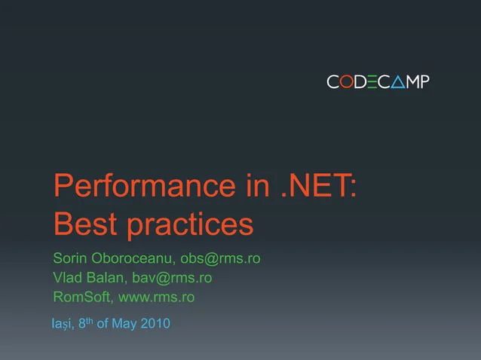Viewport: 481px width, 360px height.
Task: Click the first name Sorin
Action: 70,259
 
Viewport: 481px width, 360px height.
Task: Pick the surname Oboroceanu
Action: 133,259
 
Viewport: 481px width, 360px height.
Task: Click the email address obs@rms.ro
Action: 220,259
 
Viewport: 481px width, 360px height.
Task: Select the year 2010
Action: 156,324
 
